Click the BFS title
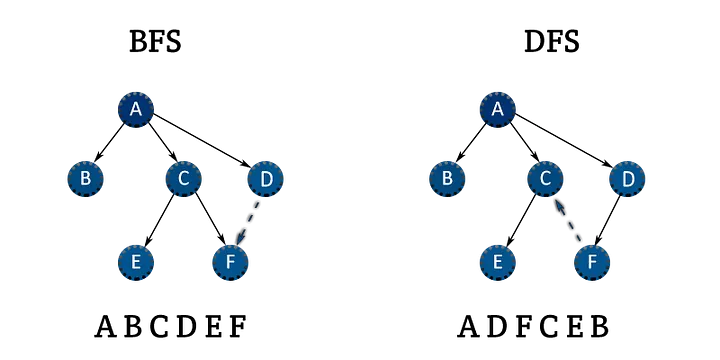click(x=155, y=42)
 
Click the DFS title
click(x=551, y=42)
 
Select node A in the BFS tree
click(x=135, y=109)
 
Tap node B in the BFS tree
click(x=85, y=179)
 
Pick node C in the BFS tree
click(x=184, y=179)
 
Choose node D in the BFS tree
click(x=265, y=179)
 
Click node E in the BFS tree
click(x=135, y=262)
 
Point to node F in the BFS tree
click(x=230, y=262)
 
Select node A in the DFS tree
click(x=498, y=109)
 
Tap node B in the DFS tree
click(x=447, y=179)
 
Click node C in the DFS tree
click(x=546, y=179)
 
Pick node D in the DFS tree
click(x=627, y=179)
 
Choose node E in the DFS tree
click(x=498, y=262)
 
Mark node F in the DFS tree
click(x=592, y=262)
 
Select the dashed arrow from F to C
click(x=567, y=220)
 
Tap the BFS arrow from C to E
click(x=159, y=220)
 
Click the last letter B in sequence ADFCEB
click(x=599, y=326)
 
